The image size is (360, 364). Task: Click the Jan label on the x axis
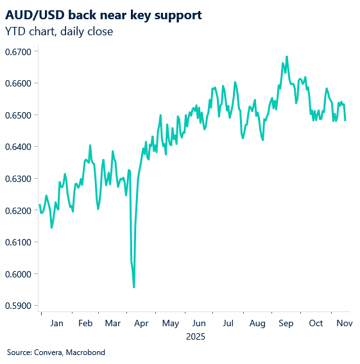tap(56, 324)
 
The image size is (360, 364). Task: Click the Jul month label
tap(228, 324)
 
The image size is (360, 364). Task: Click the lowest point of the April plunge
tap(133, 287)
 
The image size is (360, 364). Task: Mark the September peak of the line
tap(286, 56)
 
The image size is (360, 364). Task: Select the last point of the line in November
tap(346, 120)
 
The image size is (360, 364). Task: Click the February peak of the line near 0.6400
tap(90, 145)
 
